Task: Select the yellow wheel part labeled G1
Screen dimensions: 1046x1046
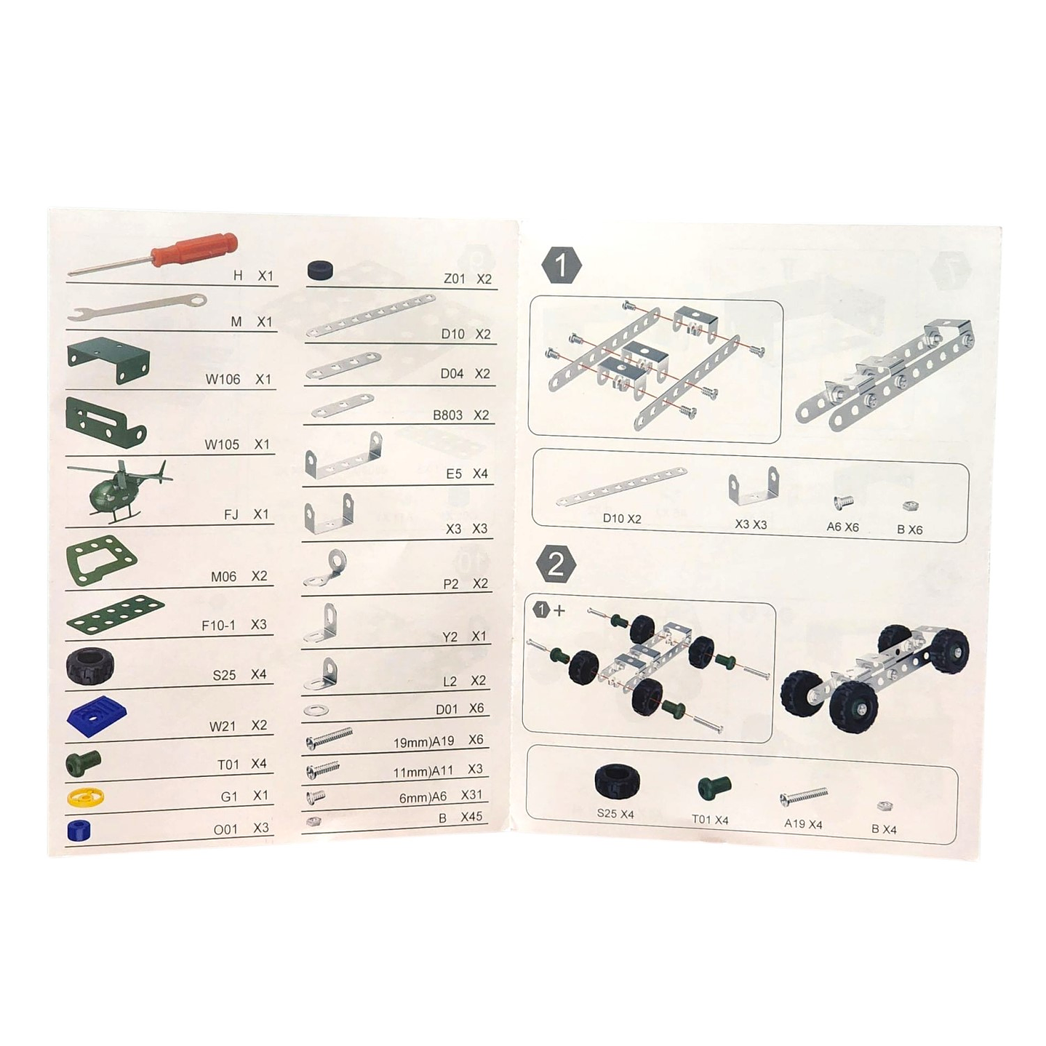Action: coord(85,797)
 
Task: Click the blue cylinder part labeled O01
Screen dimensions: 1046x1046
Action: coord(78,830)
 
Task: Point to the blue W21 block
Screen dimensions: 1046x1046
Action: coord(96,714)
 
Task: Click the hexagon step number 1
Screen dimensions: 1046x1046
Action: coord(561,266)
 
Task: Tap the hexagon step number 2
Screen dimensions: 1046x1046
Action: coord(556,564)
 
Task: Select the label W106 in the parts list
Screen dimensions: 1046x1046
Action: coord(223,380)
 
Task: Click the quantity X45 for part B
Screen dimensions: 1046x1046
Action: coord(471,817)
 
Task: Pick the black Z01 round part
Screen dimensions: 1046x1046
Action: coord(321,271)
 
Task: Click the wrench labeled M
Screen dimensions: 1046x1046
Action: coord(137,307)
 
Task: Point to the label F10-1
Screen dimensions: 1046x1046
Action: coord(218,626)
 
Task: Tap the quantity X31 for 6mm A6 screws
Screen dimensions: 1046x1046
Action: coord(471,795)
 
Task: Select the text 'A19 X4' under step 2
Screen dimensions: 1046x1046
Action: coord(803,824)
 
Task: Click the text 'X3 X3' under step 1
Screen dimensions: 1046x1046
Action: coord(750,524)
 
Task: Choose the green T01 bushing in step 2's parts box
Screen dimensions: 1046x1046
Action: coord(714,788)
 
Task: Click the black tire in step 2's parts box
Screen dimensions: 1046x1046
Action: coord(615,781)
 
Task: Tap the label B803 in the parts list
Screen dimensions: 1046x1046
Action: coord(447,415)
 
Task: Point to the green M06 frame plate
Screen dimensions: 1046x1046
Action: coord(101,560)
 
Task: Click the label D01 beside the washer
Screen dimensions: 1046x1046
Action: coord(447,709)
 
